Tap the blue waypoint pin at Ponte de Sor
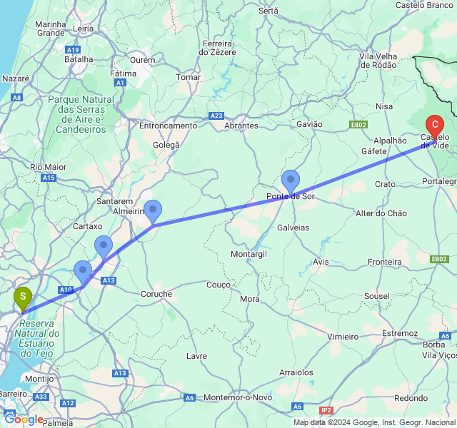pos(291,181)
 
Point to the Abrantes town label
pos(241,126)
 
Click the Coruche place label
pos(156,294)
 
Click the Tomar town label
pos(188,77)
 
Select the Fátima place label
pos(123,73)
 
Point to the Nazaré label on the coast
pos(16,78)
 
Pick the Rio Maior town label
pos(48,167)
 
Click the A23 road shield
pos(217,116)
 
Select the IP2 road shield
pos(326,410)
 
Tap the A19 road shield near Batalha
pos(72,50)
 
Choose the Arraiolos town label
pos(296,372)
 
